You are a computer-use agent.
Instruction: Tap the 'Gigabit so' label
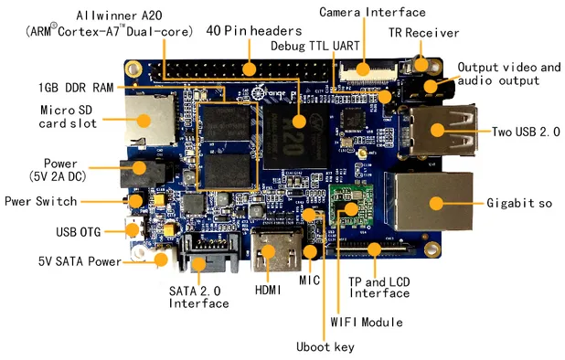[518, 202]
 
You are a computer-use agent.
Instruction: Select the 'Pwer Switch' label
[41, 201]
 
